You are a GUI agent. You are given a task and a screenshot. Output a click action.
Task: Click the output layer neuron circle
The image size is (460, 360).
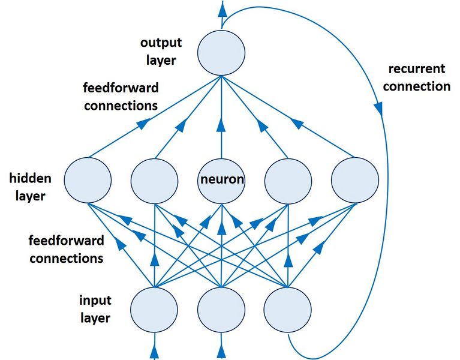221,52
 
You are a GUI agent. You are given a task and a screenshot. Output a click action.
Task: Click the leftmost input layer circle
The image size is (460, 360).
154,310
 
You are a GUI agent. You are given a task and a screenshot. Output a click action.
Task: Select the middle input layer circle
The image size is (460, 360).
221,310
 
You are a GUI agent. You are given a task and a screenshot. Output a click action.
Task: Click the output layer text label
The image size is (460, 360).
159,52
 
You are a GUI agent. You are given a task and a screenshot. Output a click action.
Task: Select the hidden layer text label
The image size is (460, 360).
30,187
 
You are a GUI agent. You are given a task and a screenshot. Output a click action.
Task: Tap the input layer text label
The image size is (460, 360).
95,308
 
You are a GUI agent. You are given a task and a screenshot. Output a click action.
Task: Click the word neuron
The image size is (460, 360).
221,179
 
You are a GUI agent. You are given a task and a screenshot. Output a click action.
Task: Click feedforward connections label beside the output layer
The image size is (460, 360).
121,97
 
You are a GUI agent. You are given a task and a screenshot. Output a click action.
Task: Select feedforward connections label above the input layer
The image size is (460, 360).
66,250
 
